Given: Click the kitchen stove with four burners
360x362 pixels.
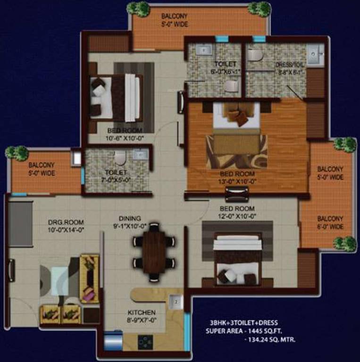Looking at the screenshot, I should tap(145, 342).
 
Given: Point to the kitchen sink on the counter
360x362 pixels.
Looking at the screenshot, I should tap(176, 301).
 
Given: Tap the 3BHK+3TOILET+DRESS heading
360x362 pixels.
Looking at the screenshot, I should tap(244, 323).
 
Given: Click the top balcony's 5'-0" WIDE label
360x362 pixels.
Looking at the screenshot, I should tap(174, 25).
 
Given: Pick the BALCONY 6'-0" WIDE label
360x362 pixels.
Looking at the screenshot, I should tap(330, 222).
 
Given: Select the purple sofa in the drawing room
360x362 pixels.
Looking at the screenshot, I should tap(89, 278).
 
